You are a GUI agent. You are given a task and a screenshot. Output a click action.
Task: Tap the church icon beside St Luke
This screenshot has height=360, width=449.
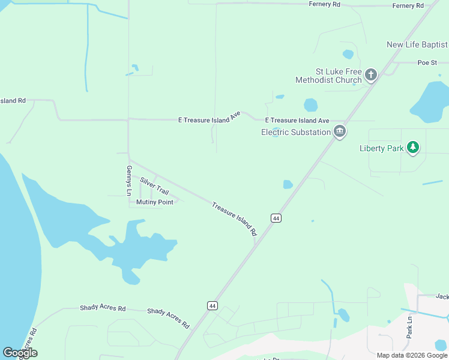click(371, 75)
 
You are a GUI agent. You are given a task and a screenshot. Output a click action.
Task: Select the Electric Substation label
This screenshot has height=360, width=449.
click(296, 132)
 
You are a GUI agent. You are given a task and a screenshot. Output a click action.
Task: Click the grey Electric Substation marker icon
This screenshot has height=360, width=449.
click(340, 131)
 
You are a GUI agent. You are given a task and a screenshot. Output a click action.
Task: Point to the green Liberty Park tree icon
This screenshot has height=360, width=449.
click(412, 147)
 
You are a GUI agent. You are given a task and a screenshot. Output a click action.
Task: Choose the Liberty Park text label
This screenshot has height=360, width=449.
click(381, 148)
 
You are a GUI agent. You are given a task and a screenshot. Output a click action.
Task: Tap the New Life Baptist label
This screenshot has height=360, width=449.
click(417, 45)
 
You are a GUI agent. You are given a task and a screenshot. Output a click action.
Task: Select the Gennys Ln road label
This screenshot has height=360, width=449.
click(128, 181)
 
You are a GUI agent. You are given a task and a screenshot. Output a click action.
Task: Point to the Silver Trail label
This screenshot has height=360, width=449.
click(154, 185)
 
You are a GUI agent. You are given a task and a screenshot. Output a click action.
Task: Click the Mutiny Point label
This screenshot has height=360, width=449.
click(155, 202)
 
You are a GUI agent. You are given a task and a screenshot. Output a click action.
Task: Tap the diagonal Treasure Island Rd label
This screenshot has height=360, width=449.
click(234, 218)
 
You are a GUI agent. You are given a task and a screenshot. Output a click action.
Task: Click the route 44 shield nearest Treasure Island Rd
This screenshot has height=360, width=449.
click(276, 218)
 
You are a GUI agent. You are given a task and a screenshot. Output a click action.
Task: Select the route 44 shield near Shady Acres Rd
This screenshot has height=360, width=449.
click(212, 305)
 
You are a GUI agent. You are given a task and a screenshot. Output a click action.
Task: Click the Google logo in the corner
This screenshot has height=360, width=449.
click(20, 353)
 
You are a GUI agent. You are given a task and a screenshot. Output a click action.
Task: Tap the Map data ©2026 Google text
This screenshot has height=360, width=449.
click(412, 355)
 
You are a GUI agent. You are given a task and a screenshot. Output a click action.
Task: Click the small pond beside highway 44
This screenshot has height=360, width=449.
click(288, 185)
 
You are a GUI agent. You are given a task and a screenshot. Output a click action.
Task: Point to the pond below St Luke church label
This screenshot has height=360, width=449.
click(310, 105)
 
